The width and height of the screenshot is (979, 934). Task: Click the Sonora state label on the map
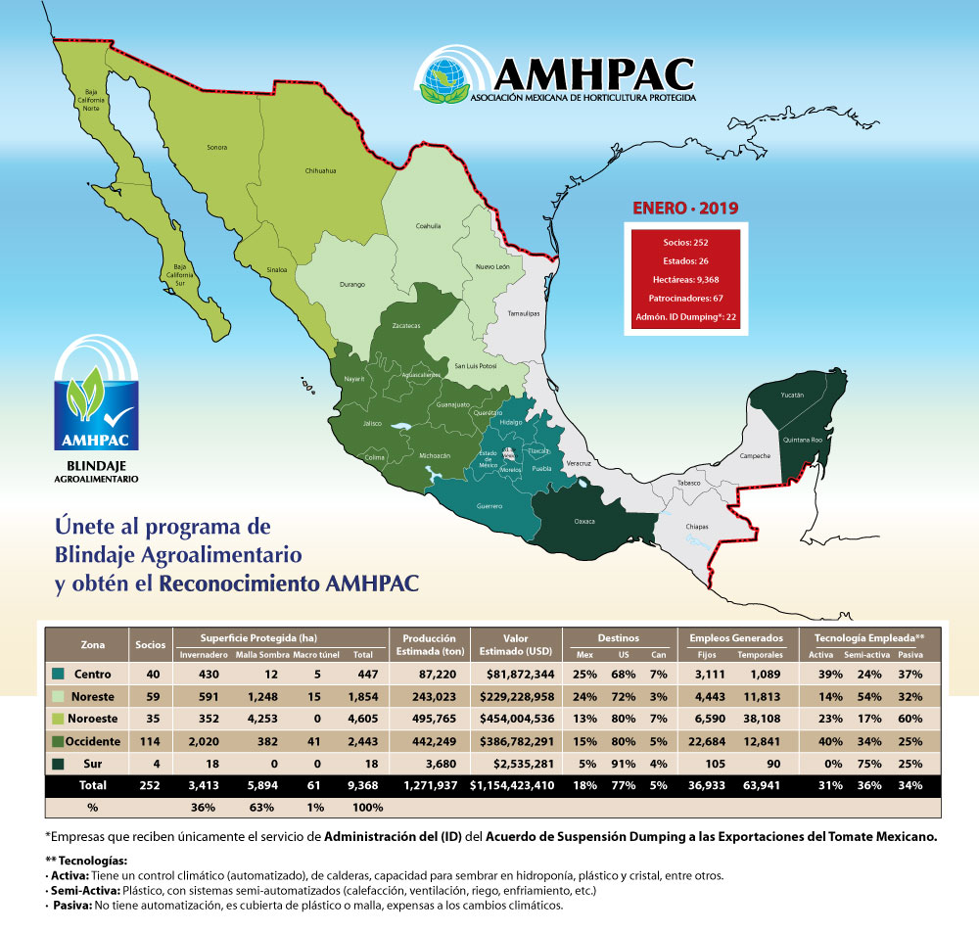tap(216, 148)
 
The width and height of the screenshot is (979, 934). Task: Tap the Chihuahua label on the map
tap(320, 170)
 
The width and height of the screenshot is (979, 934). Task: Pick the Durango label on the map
tap(351, 285)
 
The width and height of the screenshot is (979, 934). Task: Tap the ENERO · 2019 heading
tap(685, 208)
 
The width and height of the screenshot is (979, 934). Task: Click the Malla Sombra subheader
tap(260, 655)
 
